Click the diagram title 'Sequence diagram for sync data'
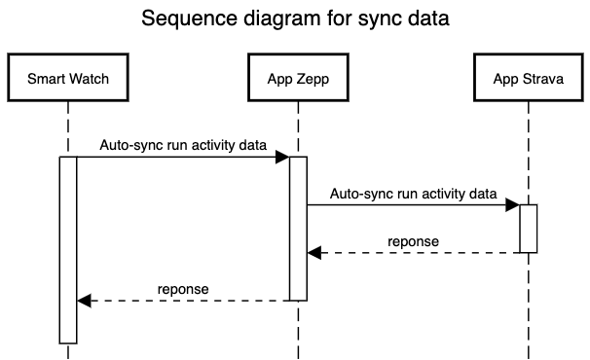point(295,18)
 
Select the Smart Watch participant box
point(67,78)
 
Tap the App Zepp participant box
point(297,78)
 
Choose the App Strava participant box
point(528,78)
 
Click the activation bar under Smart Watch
point(67,249)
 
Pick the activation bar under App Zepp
point(298,228)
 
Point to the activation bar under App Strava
point(528,229)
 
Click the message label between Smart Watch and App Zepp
point(183,145)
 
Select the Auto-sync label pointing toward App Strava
point(414,194)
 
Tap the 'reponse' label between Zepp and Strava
point(413,241)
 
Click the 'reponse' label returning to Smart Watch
point(183,289)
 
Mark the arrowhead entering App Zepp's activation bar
point(282,157)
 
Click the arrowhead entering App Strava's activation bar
point(512,204)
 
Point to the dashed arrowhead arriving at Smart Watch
point(83,301)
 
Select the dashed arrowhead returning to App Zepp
point(313,253)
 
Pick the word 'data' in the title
point(428,18)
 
